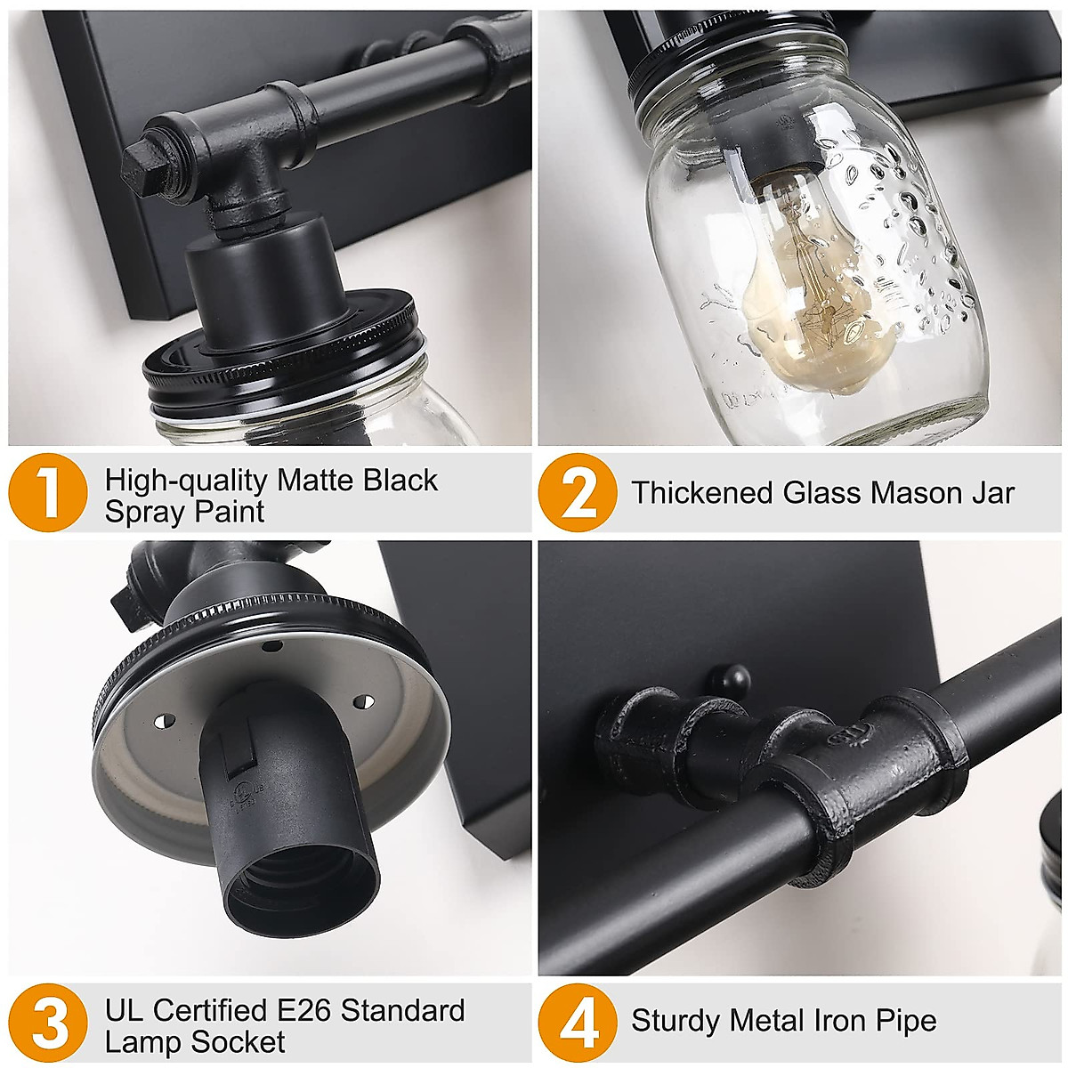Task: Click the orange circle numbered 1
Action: pos(48,495)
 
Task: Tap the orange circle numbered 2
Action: pos(578,493)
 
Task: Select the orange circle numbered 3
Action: pos(48,1024)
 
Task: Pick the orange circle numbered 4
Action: pos(578,1024)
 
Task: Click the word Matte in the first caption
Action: pos(316,481)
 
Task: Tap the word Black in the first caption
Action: pos(400,481)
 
